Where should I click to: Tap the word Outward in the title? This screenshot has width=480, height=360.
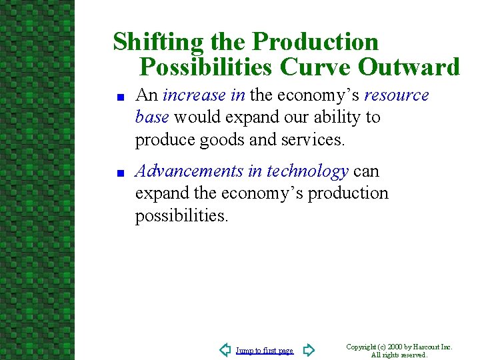pos(409,67)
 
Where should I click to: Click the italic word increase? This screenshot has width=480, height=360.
pos(194,95)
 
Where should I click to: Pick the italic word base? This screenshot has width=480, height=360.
pos(151,117)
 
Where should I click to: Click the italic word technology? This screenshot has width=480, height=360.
pos(307,171)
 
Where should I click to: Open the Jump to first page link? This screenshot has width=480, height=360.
pos(264,351)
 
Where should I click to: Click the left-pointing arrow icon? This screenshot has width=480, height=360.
pos(225,350)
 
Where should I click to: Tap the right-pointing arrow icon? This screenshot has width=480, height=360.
pos(308,350)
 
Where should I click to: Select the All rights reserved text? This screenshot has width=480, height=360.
pos(399,355)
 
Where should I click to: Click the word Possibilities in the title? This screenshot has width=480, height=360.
pos(206,67)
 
